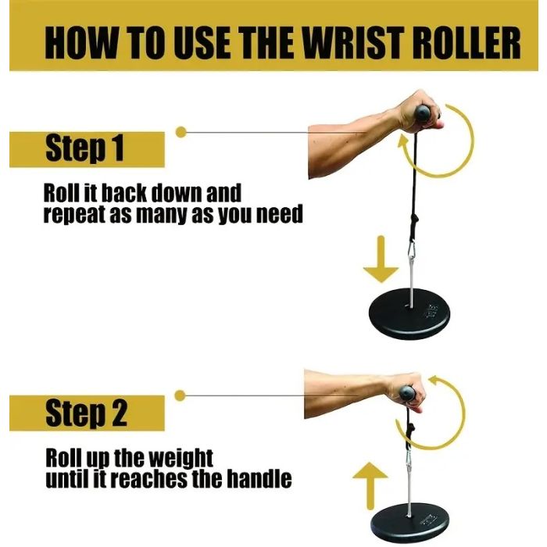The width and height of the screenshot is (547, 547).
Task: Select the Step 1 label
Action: (x=84, y=148)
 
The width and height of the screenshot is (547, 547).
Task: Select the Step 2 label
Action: (x=86, y=413)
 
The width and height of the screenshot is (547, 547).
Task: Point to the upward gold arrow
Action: (x=370, y=486)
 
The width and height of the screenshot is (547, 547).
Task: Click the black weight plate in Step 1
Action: (x=409, y=313)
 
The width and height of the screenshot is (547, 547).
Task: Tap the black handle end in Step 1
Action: (x=422, y=113)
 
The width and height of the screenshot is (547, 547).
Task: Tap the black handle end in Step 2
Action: (x=407, y=393)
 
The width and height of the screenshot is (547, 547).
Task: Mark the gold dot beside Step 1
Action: (x=181, y=132)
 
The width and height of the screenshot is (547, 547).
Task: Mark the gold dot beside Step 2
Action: (x=180, y=395)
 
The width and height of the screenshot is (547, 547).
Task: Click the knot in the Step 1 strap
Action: (x=414, y=221)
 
